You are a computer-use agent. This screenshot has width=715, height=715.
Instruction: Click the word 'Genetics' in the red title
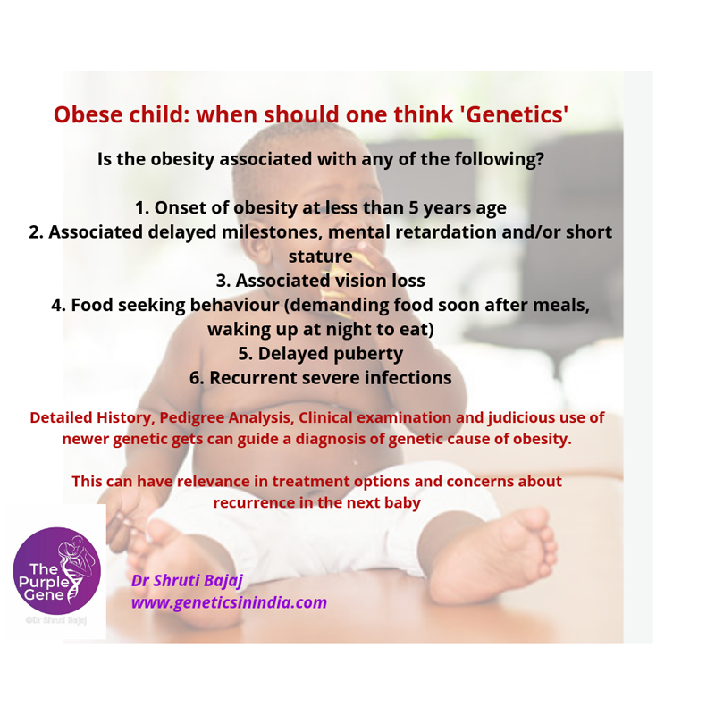tap(516, 114)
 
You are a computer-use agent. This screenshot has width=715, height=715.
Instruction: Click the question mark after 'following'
tap(540, 159)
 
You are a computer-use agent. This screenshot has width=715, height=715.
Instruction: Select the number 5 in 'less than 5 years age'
tap(413, 207)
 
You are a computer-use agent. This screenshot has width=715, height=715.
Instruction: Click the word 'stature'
tap(321, 257)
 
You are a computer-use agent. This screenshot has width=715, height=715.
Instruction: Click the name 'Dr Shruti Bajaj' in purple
tap(187, 581)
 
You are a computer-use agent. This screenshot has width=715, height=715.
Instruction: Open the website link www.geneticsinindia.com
tap(229, 602)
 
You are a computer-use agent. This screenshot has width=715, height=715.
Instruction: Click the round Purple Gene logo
tap(56, 571)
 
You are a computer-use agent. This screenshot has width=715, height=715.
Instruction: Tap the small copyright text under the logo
tap(56, 620)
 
